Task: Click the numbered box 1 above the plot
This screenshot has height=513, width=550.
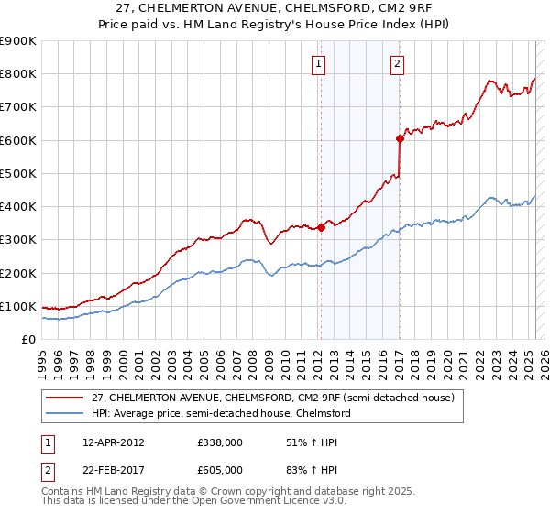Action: (x=317, y=63)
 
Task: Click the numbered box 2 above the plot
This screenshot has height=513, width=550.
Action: (x=397, y=63)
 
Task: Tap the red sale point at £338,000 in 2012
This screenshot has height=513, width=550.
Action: (x=321, y=227)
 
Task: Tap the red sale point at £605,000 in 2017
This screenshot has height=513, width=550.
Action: (x=400, y=138)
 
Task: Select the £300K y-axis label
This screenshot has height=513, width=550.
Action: (x=18, y=240)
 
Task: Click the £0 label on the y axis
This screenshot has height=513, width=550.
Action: (x=27, y=339)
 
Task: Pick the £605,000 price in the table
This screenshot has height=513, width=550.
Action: (x=219, y=469)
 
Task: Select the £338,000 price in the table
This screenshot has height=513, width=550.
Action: (x=219, y=442)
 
